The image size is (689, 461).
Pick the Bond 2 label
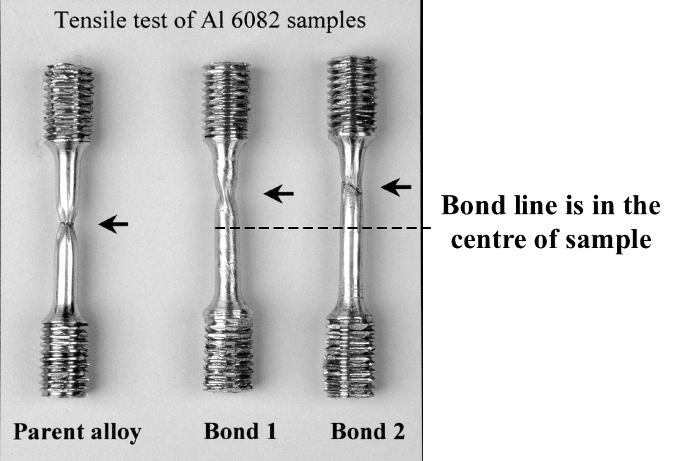[367, 431]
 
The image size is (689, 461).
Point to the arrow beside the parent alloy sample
[113, 224]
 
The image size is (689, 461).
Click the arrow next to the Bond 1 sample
[279, 193]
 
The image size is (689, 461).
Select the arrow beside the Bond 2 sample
[396, 187]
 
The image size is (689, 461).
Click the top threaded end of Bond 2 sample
[352, 96]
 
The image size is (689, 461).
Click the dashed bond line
[320, 228]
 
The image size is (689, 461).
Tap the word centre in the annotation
[490, 240]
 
